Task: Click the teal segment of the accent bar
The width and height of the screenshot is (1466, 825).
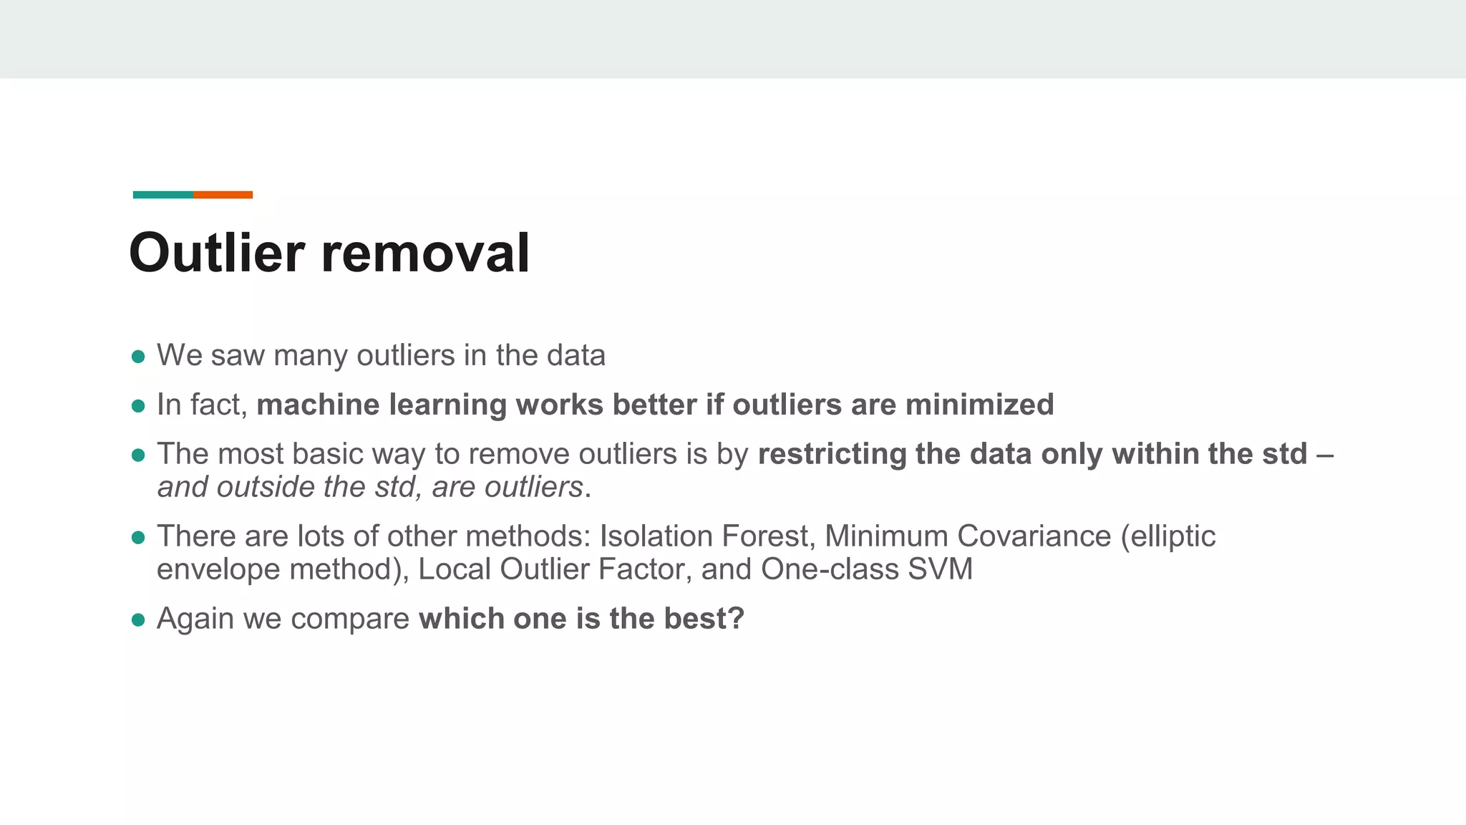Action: pyautogui.click(x=163, y=195)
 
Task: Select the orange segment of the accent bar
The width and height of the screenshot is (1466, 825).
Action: pyautogui.click(x=223, y=195)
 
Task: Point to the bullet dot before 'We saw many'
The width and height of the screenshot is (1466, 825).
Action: pyautogui.click(x=139, y=357)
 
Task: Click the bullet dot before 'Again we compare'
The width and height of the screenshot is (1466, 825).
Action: pyautogui.click(x=139, y=620)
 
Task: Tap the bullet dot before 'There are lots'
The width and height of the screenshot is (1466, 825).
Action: pyautogui.click(x=139, y=538)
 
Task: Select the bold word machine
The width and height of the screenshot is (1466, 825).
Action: pyautogui.click(x=318, y=405)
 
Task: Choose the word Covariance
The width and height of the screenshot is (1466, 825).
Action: pyautogui.click(x=1034, y=536)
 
